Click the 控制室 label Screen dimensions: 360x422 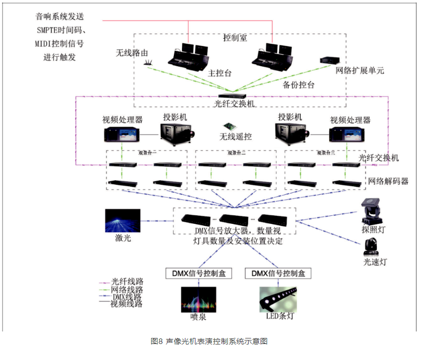235,38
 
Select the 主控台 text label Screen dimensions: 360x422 220,73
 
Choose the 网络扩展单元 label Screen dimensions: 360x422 360,71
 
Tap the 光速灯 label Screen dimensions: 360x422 375,262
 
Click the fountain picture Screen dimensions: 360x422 198,299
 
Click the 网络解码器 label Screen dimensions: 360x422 388,181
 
